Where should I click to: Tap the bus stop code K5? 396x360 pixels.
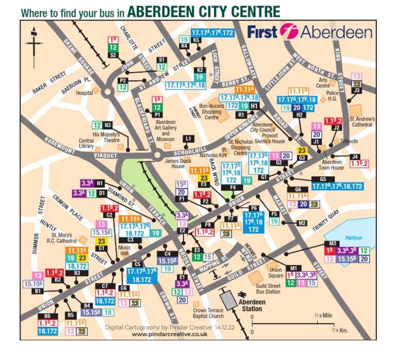pos(196,40)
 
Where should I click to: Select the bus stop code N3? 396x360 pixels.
pos(108,125)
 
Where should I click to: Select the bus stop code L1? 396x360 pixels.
pos(188,138)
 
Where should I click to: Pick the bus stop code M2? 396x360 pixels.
pos(302,223)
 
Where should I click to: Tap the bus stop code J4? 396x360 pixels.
pos(354,156)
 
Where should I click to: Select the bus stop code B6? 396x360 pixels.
pos(47,316)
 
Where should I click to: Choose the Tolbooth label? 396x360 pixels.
pos(351,140)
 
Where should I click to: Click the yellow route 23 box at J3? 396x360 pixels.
pos(356,83)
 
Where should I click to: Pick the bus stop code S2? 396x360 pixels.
pos(113,55)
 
